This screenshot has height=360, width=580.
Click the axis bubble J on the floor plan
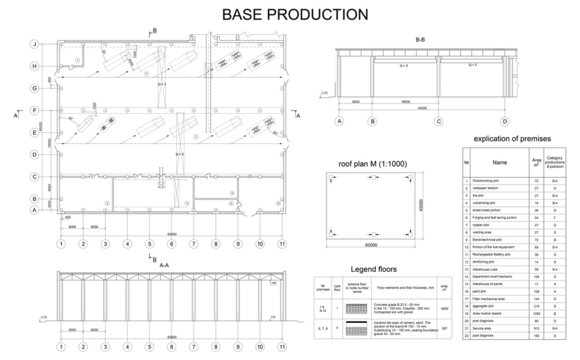(x=35, y=45)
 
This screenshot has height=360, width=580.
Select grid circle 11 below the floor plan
(x=283, y=243)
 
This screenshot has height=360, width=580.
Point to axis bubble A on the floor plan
(x=35, y=211)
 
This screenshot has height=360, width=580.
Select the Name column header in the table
(x=500, y=159)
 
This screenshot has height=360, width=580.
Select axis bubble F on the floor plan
(x=35, y=111)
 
